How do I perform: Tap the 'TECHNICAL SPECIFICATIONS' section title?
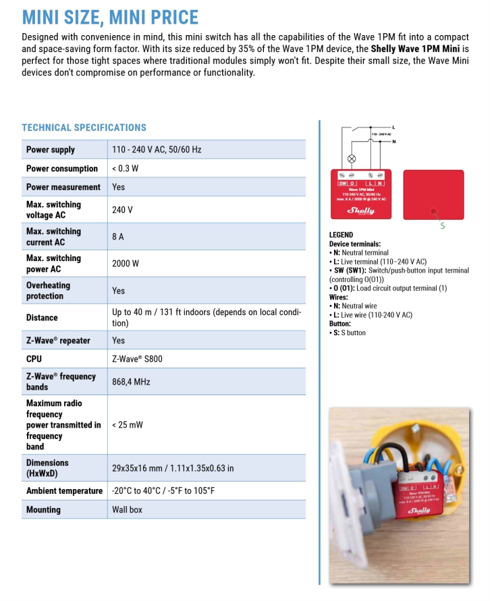coord(84,127)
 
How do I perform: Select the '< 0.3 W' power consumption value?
coord(125,169)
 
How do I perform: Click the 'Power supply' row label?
coord(51,150)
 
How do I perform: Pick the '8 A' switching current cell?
coord(119,237)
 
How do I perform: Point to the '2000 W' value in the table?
coord(126,264)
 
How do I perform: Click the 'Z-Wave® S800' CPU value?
coord(137,359)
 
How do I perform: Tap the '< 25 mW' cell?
coord(128,425)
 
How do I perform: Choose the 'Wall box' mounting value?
coord(127,510)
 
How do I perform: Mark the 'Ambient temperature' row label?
coord(64,491)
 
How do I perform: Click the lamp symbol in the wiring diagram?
coord(351,159)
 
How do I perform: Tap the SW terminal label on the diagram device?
coord(343,183)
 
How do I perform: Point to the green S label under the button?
coord(443,226)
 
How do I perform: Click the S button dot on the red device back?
coord(433,211)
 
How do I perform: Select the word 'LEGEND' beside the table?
coord(341,235)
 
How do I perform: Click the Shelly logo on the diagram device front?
coord(361,210)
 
